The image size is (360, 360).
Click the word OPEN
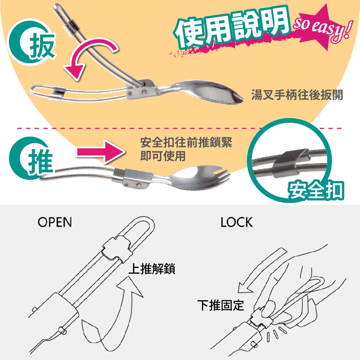pyautogui.click(x=55, y=222)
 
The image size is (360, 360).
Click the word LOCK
pyautogui.click(x=237, y=222)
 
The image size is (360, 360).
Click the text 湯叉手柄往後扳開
pyautogui.click(x=297, y=95)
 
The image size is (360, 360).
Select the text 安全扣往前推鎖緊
pyautogui.click(x=186, y=142)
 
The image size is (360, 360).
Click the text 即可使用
pyautogui.click(x=163, y=156)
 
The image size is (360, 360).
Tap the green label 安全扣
pyautogui.click(x=316, y=190)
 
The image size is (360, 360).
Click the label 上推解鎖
pyautogui.click(x=152, y=269)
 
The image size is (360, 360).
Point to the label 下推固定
pyautogui.click(x=220, y=305)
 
